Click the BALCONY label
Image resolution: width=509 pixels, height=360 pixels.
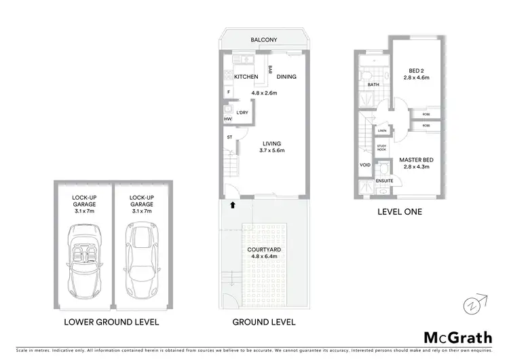point(263,40)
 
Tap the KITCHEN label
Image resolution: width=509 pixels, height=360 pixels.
point(246,77)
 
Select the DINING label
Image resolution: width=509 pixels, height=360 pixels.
point(286,77)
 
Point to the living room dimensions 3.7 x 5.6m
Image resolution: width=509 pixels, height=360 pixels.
point(272,150)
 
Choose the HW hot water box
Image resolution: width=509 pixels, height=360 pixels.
point(227,119)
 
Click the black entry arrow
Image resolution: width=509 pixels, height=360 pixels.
point(233,203)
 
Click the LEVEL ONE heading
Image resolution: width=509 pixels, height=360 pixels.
point(400,212)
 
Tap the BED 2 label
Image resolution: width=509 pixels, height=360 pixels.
point(416,70)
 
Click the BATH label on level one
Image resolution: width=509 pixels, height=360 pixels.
point(373,85)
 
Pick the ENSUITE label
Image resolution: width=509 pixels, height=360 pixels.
point(385,181)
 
